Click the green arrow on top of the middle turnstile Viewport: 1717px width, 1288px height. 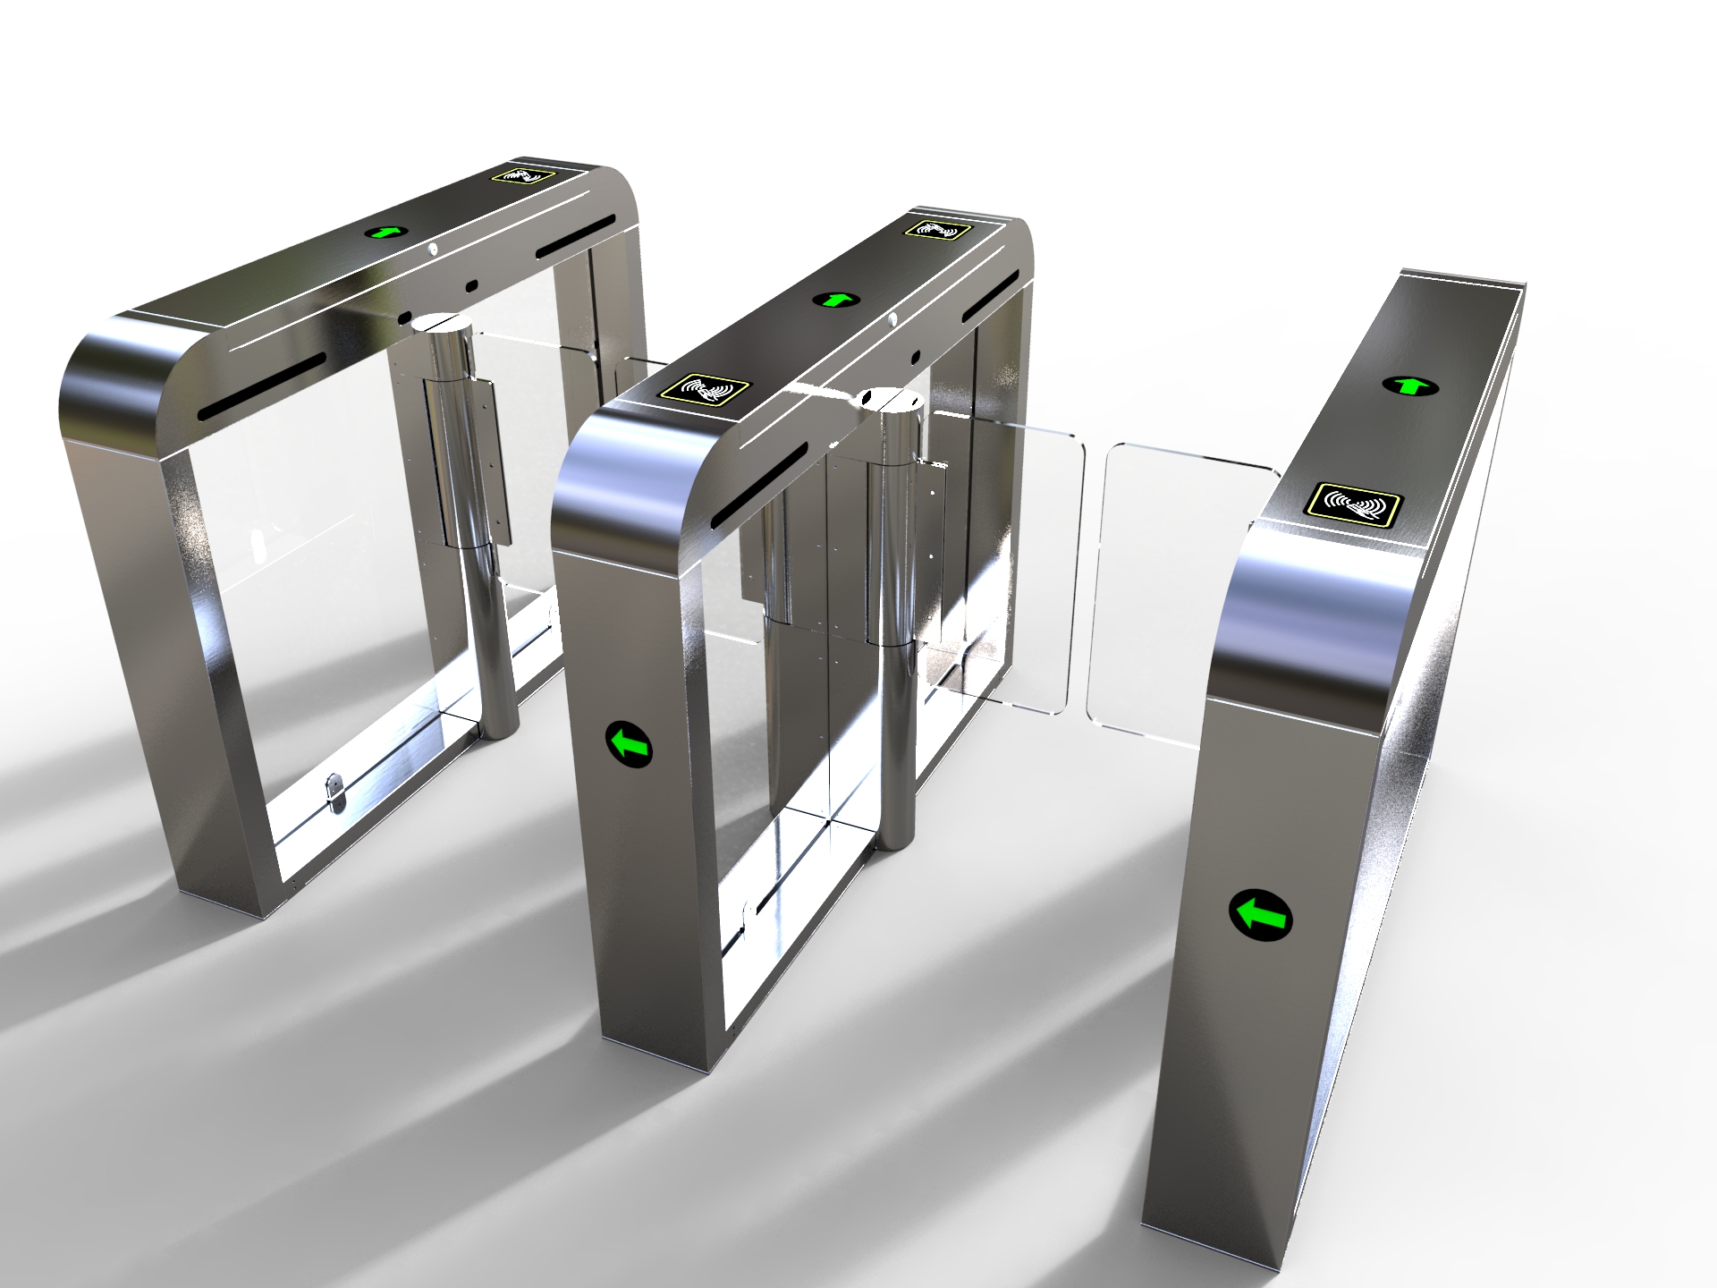(835, 299)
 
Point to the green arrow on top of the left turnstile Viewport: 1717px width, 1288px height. (386, 232)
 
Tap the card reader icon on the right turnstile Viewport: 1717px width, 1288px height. (1355, 503)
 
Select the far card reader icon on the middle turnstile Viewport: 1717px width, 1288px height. (937, 229)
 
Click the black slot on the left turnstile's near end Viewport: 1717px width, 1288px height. (262, 386)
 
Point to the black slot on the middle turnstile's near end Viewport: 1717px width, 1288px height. (759, 483)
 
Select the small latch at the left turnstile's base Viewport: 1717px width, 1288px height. (336, 792)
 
